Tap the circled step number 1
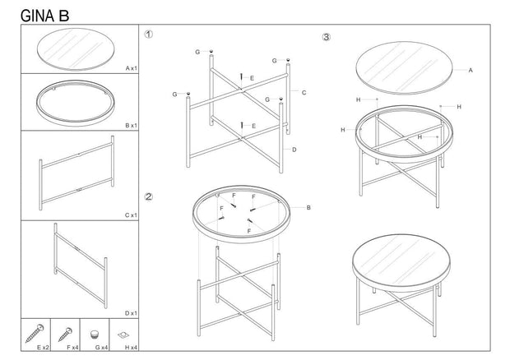[x=149, y=35]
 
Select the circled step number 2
[x=149, y=196]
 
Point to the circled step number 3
[x=327, y=38]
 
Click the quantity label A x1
[x=130, y=68]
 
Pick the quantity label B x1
[x=130, y=125]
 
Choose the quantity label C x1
[x=130, y=215]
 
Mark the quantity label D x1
[x=130, y=313]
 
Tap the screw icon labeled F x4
[x=65, y=334]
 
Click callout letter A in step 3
[x=470, y=71]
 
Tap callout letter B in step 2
[x=308, y=207]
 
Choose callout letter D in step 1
[x=294, y=149]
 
